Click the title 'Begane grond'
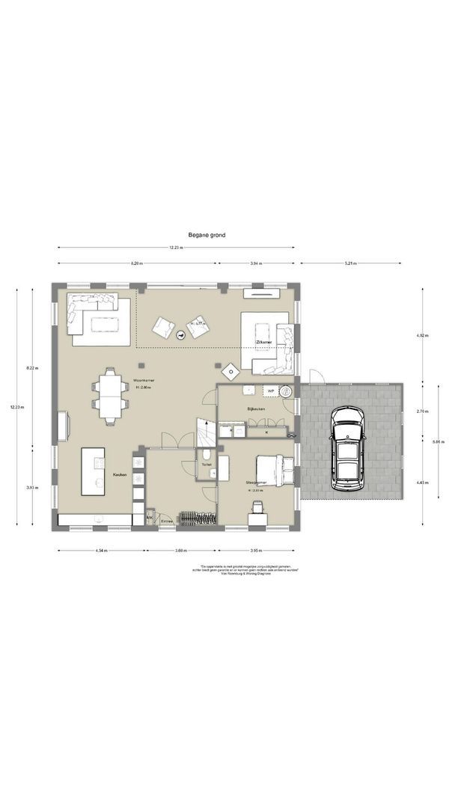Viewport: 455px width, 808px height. [207, 235]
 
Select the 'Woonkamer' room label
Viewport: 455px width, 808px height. [144, 380]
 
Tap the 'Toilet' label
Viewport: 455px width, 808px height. [207, 464]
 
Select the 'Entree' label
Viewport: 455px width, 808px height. [166, 521]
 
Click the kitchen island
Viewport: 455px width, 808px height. [94, 471]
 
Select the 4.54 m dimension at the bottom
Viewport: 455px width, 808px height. [101, 551]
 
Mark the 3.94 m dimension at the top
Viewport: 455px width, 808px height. [256, 264]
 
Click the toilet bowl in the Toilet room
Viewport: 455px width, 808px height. [207, 454]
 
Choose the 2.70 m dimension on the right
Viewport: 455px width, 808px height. [423, 411]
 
